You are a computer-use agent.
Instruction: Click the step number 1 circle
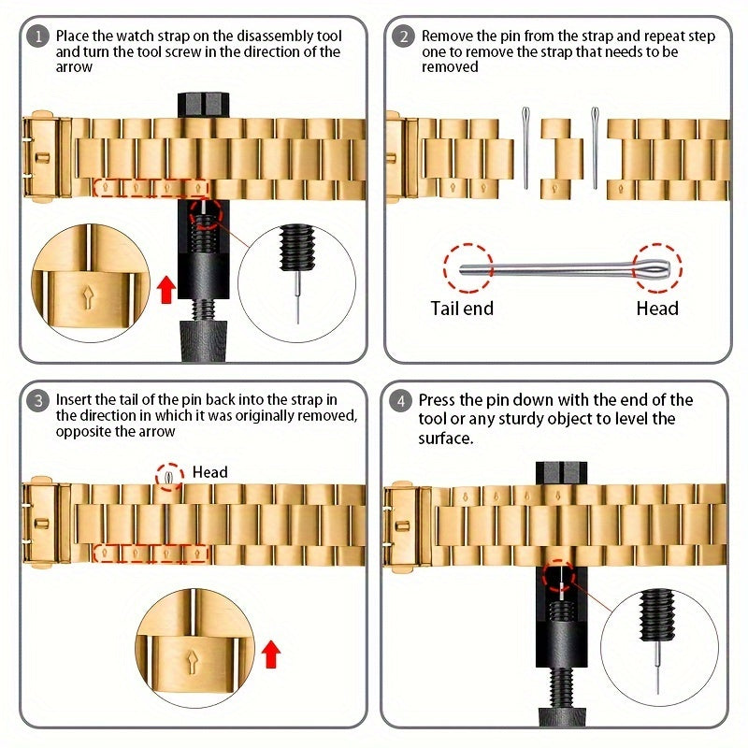click(x=38, y=37)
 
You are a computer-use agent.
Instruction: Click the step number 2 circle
click(x=404, y=37)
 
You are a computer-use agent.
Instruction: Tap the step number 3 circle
click(x=38, y=401)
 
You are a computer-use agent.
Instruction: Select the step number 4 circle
click(x=402, y=401)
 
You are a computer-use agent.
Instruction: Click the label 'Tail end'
click(x=462, y=308)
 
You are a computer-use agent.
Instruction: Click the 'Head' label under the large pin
click(x=657, y=308)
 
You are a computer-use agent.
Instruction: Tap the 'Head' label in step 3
click(x=210, y=472)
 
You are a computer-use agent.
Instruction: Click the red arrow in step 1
click(x=165, y=290)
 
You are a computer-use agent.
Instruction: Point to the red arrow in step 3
click(x=271, y=654)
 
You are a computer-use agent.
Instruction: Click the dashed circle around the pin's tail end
click(x=468, y=267)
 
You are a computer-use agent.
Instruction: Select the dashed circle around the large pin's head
click(x=658, y=267)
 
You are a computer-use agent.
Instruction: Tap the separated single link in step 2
click(x=556, y=159)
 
